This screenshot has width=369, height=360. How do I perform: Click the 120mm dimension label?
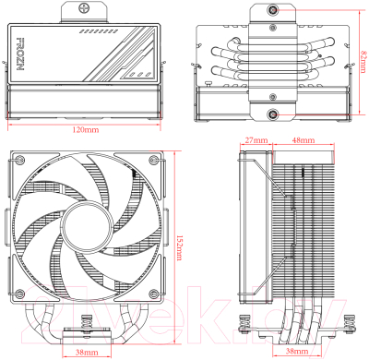pos(89,128)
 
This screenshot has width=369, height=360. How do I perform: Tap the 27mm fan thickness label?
pos(256,140)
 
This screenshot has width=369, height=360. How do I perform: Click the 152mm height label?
pos(181,243)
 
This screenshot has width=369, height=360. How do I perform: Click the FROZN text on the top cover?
pos(21,56)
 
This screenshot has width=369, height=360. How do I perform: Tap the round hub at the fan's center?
pos(89,228)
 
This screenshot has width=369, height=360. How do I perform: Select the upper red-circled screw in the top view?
pos(273,10)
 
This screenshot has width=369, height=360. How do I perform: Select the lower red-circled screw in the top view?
pos(273,114)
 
